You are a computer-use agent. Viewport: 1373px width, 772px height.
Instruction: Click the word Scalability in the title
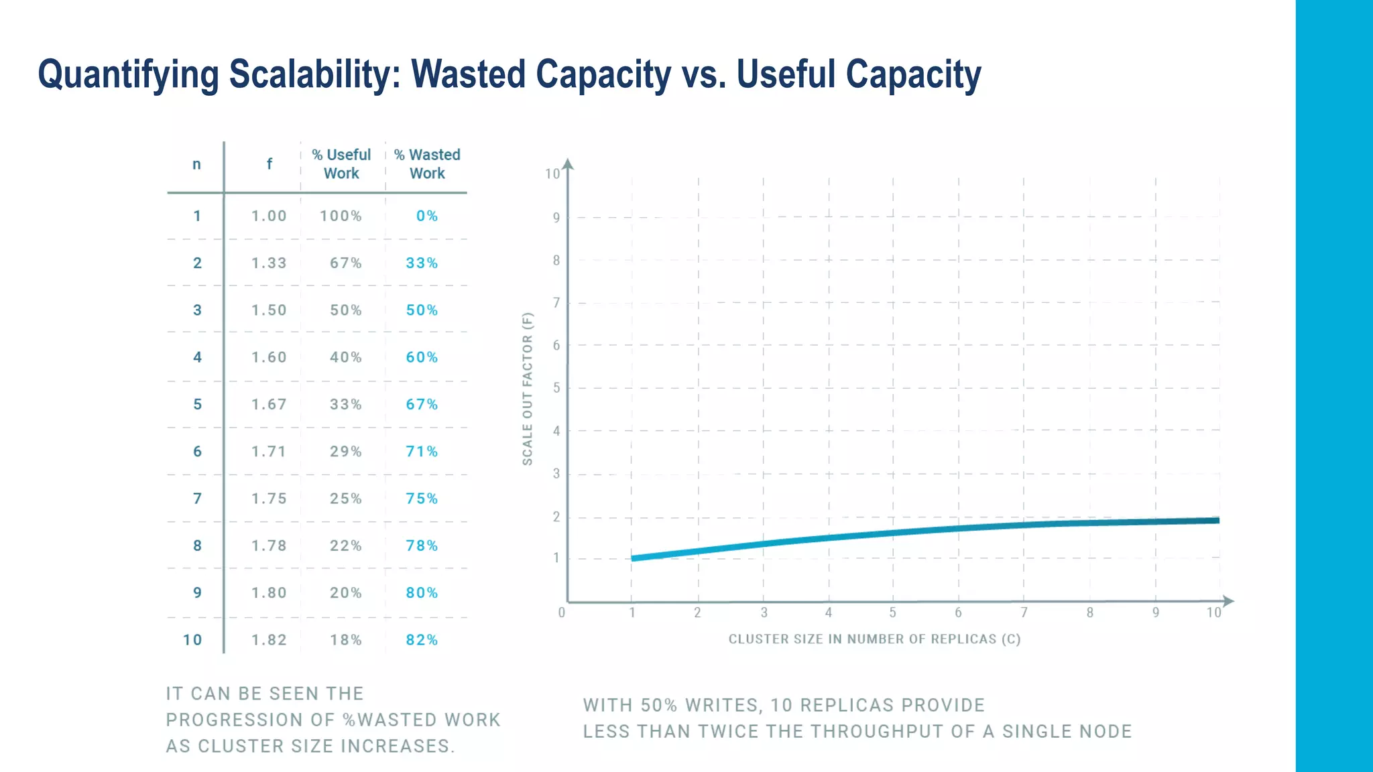point(314,74)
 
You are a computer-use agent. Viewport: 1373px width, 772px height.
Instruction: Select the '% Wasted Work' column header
point(427,164)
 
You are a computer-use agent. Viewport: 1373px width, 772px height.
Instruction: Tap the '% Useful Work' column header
point(341,164)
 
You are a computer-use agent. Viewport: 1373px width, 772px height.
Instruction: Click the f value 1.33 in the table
point(269,263)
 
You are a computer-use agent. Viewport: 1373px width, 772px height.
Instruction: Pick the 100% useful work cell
point(341,216)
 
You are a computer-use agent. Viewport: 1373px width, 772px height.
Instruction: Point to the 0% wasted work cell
point(427,216)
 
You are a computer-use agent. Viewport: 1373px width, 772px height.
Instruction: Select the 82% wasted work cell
point(422,640)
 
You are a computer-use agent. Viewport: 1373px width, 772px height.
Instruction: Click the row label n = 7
point(197,499)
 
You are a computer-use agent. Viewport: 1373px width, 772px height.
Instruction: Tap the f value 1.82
point(269,640)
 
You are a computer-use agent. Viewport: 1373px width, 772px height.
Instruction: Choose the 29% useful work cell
point(345,452)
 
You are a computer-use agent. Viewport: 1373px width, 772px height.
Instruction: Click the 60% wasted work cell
point(422,357)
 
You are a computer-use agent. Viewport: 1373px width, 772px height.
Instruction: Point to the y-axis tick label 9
point(556,218)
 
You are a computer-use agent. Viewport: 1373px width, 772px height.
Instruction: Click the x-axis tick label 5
point(892,613)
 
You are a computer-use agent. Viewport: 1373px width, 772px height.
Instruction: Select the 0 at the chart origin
point(562,613)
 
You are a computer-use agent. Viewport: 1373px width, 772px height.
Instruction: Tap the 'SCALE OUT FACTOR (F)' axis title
point(528,389)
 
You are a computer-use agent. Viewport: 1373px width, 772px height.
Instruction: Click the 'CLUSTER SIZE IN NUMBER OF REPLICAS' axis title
point(874,639)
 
